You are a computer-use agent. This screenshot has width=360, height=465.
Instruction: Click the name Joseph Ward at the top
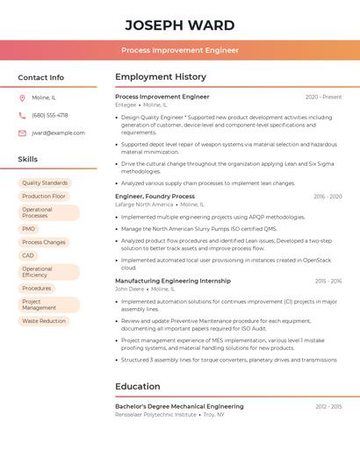pyautogui.click(x=180, y=25)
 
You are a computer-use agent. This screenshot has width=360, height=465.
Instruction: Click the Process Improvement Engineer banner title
pyautogui.click(x=180, y=50)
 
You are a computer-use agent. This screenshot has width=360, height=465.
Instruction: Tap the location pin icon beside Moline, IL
pyautogui.click(x=22, y=97)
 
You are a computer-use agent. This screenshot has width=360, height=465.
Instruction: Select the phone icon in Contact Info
pyautogui.click(x=22, y=115)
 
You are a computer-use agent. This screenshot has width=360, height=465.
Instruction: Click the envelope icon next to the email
pyautogui.click(x=22, y=133)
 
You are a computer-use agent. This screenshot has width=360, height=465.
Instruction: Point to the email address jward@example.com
pyautogui.click(x=59, y=133)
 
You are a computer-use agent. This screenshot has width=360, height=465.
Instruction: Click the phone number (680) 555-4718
pyautogui.click(x=50, y=115)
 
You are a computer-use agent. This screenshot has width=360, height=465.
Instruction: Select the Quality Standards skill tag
pyautogui.click(x=45, y=183)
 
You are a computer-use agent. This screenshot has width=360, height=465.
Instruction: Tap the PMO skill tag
pyautogui.click(x=29, y=229)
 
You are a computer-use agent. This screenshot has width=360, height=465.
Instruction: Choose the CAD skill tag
pyautogui.click(x=28, y=255)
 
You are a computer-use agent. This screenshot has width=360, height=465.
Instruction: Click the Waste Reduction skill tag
pyautogui.click(x=44, y=321)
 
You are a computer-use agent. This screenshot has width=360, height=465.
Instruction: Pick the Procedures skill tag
pyautogui.click(x=37, y=288)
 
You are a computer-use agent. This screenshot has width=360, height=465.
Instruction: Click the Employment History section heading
pyautogui.click(x=161, y=77)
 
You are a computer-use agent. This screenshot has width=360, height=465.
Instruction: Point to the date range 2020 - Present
pyautogui.click(x=323, y=97)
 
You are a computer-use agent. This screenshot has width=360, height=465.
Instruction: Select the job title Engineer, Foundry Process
pyautogui.click(x=155, y=197)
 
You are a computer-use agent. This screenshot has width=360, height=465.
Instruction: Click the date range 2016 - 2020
pyautogui.click(x=328, y=197)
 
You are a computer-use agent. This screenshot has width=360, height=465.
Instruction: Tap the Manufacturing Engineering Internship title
pyautogui.click(x=173, y=281)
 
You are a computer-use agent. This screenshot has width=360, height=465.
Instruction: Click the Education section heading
pyautogui.click(x=138, y=386)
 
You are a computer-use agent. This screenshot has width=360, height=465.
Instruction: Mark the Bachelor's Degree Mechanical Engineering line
pyautogui.click(x=179, y=406)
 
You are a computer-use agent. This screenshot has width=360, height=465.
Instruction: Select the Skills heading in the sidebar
pyautogui.click(x=28, y=159)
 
